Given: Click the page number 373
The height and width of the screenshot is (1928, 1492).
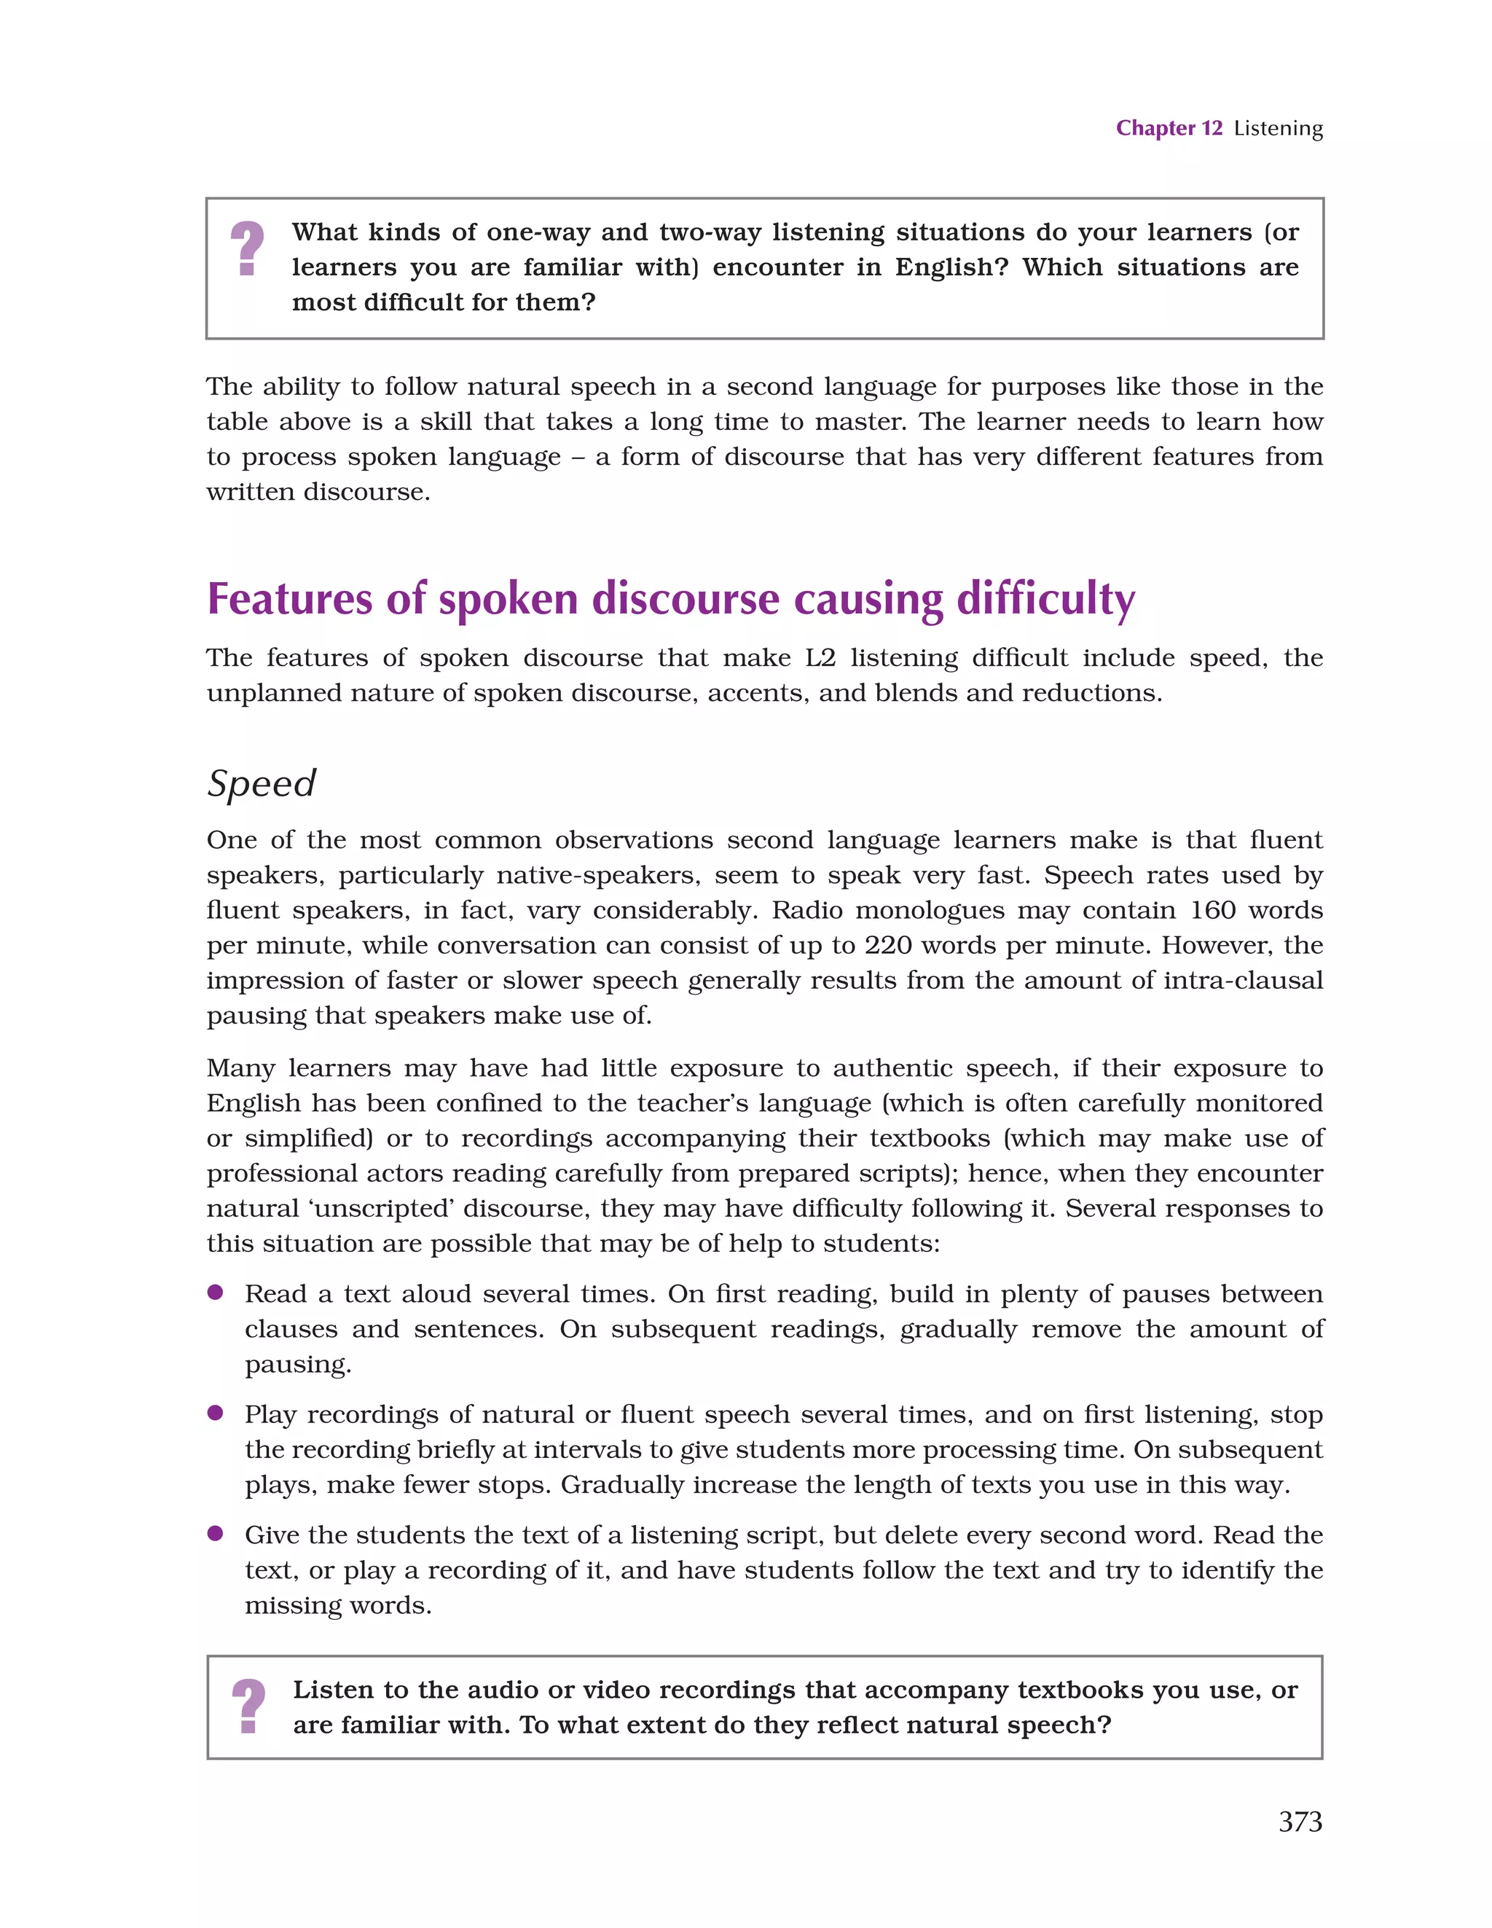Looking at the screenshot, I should [1300, 1821].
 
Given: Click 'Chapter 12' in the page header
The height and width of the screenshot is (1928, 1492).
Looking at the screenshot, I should [1168, 128].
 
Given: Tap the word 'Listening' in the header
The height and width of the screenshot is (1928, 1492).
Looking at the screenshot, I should [1278, 129].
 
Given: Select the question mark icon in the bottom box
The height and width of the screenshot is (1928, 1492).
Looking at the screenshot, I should [248, 1706].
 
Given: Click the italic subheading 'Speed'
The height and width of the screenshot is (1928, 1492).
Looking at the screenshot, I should [262, 783].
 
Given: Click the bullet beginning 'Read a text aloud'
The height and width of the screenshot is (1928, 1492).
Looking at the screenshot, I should [214, 1293].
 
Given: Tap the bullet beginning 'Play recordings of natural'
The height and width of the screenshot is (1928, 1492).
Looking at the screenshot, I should [214, 1412].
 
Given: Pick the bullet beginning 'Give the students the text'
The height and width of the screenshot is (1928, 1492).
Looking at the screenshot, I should [214, 1533].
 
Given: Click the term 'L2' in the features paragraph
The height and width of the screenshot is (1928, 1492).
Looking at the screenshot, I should [820, 658].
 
